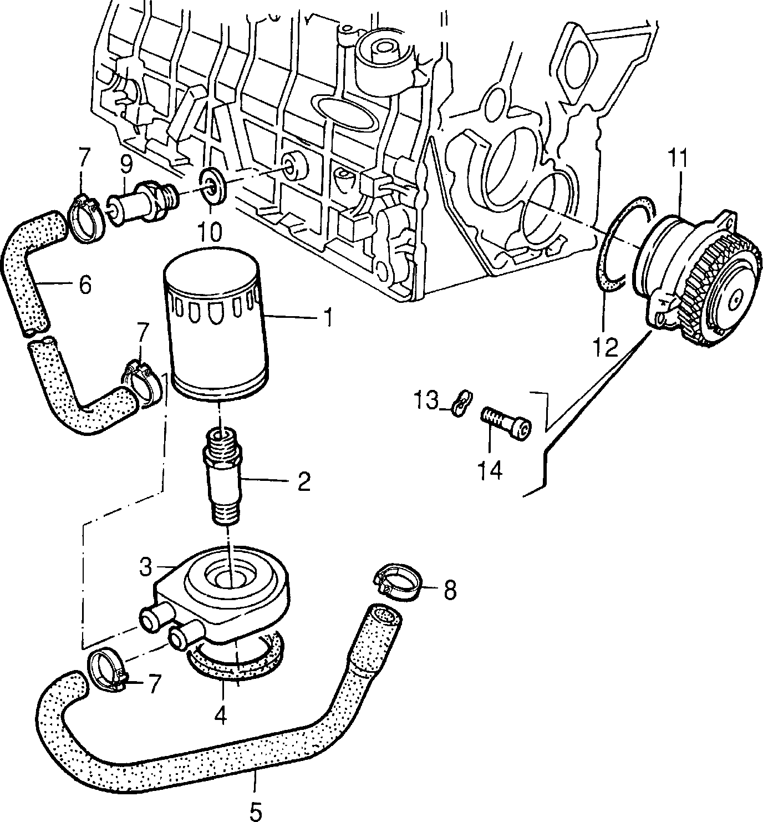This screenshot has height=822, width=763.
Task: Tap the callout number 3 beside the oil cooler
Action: (x=146, y=568)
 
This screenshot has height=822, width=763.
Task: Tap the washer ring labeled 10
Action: (x=212, y=187)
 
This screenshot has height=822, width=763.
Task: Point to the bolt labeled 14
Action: (x=506, y=423)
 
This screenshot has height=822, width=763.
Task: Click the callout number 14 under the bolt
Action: (x=490, y=470)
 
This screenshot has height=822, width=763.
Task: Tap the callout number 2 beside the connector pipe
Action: (x=304, y=481)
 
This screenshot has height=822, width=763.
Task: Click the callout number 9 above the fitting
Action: (x=126, y=165)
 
